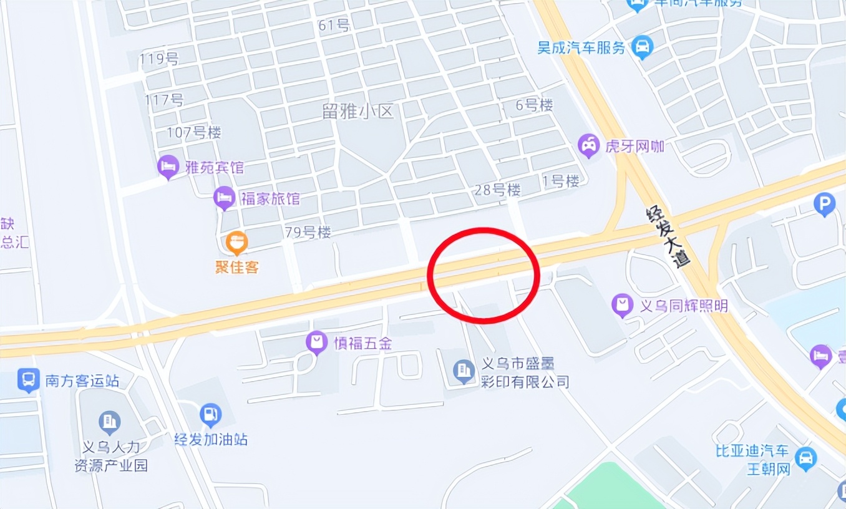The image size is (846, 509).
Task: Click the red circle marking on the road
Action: click(483, 275)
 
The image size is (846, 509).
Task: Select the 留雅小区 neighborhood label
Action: click(358, 112)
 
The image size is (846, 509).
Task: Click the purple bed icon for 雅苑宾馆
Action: click(167, 166)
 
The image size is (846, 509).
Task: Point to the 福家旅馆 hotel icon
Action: click(224, 198)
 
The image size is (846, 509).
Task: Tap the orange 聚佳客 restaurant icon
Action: click(236, 242)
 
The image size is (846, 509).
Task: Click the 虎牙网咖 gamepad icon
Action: click(588, 145)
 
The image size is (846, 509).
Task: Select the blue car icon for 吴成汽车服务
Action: click(641, 46)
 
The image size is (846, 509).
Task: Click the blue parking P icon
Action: click(825, 203)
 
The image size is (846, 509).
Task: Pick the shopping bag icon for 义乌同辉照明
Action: click(623, 305)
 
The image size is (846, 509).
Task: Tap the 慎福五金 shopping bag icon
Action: click(317, 341)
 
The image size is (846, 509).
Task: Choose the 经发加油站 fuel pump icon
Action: click(210, 415)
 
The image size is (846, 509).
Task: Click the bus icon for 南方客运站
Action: click(29, 379)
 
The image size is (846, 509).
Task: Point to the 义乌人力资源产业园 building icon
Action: click(110, 422)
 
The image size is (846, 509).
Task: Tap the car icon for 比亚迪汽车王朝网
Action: click(806, 458)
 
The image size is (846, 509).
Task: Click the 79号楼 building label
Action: click(308, 233)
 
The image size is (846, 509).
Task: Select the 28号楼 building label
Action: click(497, 190)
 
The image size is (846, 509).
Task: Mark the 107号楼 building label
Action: click(193, 133)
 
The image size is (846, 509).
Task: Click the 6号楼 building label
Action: click(534, 105)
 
